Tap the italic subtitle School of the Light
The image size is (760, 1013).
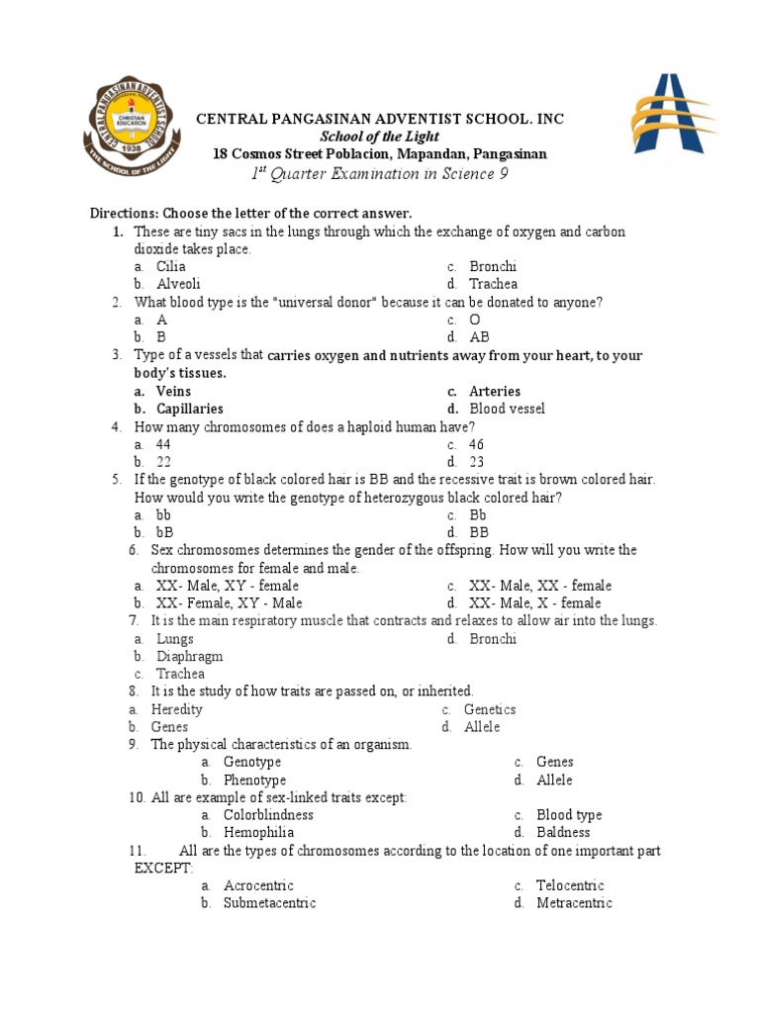coord(380,137)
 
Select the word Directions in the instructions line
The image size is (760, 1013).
coord(123,214)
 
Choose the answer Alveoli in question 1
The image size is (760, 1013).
coord(178,284)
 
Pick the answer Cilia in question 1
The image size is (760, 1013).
coord(171,266)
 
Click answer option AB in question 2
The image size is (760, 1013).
coord(479,337)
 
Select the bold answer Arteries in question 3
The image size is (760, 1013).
coord(494,391)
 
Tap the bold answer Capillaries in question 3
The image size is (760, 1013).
coord(189,409)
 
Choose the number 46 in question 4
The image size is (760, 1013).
coord(477,444)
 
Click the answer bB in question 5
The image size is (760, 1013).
coord(164,532)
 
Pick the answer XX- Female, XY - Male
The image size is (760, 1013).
coord(229,603)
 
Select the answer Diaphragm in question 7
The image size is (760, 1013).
coord(189,657)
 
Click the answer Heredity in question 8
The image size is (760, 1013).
coord(176,709)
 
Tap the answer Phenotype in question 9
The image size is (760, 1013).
coord(254,781)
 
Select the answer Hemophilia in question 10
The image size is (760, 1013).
coord(258,833)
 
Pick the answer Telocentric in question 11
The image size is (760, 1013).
coord(570,885)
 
